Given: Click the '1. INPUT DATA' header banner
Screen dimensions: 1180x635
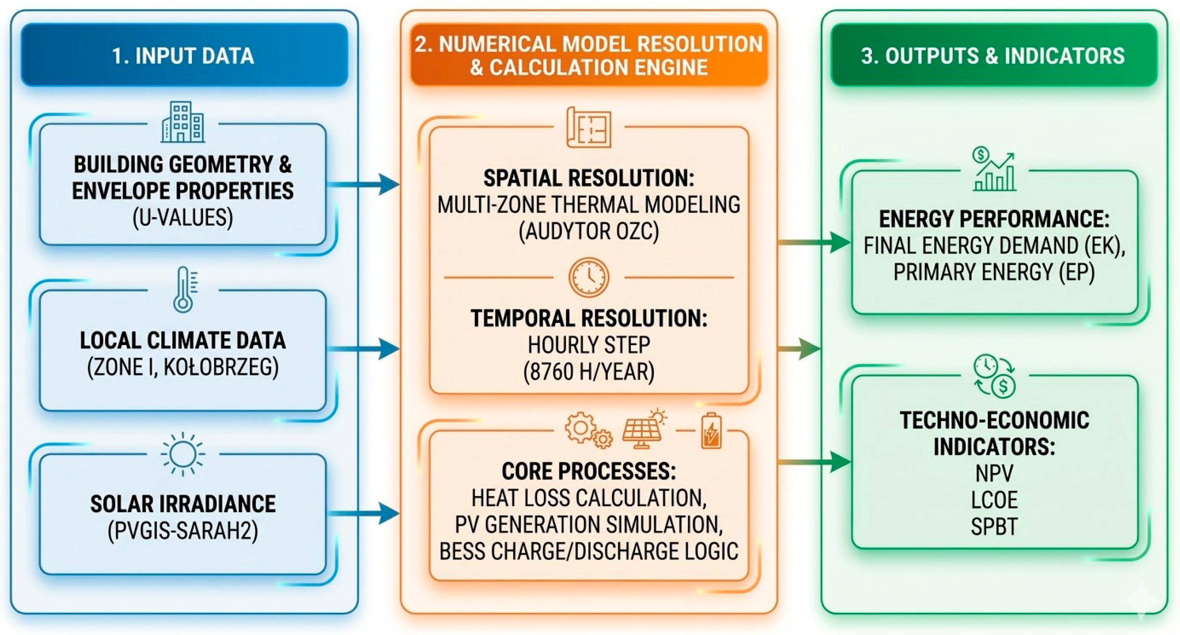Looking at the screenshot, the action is click(184, 55).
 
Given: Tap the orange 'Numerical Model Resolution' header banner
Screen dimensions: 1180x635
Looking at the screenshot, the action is click(589, 55).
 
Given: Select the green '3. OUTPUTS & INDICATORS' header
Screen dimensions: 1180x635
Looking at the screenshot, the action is click(993, 55).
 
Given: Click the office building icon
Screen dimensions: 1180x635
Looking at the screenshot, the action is click(183, 122).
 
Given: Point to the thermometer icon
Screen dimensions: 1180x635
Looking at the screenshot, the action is click(184, 290).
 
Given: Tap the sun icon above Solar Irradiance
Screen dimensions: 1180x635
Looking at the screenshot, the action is click(183, 454).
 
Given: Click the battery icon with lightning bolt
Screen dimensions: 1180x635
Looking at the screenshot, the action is click(710, 430).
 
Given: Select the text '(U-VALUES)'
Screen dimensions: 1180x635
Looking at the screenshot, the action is click(183, 218).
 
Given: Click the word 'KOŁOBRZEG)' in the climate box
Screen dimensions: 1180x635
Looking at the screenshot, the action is click(221, 367).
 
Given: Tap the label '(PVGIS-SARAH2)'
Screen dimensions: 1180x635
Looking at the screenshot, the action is click(183, 531).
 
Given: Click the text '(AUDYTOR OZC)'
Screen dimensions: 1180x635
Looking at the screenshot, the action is click(589, 231).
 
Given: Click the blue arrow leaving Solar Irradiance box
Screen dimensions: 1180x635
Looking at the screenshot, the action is click(364, 514).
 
